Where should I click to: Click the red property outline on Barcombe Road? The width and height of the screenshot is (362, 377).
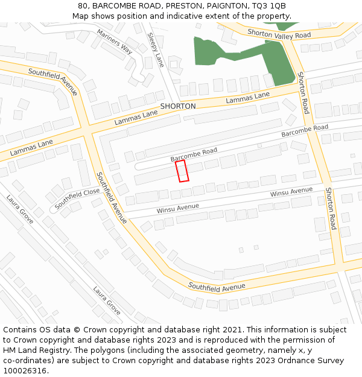click(182, 171)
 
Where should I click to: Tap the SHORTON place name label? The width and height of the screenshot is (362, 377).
click(178, 106)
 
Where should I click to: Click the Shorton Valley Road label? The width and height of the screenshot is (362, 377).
click(279, 34)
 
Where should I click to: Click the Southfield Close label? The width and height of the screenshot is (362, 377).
click(77, 198)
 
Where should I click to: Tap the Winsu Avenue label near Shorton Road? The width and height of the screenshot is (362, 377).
click(291, 192)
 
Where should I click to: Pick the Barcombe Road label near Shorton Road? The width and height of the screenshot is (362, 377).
click(305, 130)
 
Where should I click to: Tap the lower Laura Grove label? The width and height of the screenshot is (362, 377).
click(107, 300)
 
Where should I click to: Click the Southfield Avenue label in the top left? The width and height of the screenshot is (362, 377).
click(53, 81)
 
